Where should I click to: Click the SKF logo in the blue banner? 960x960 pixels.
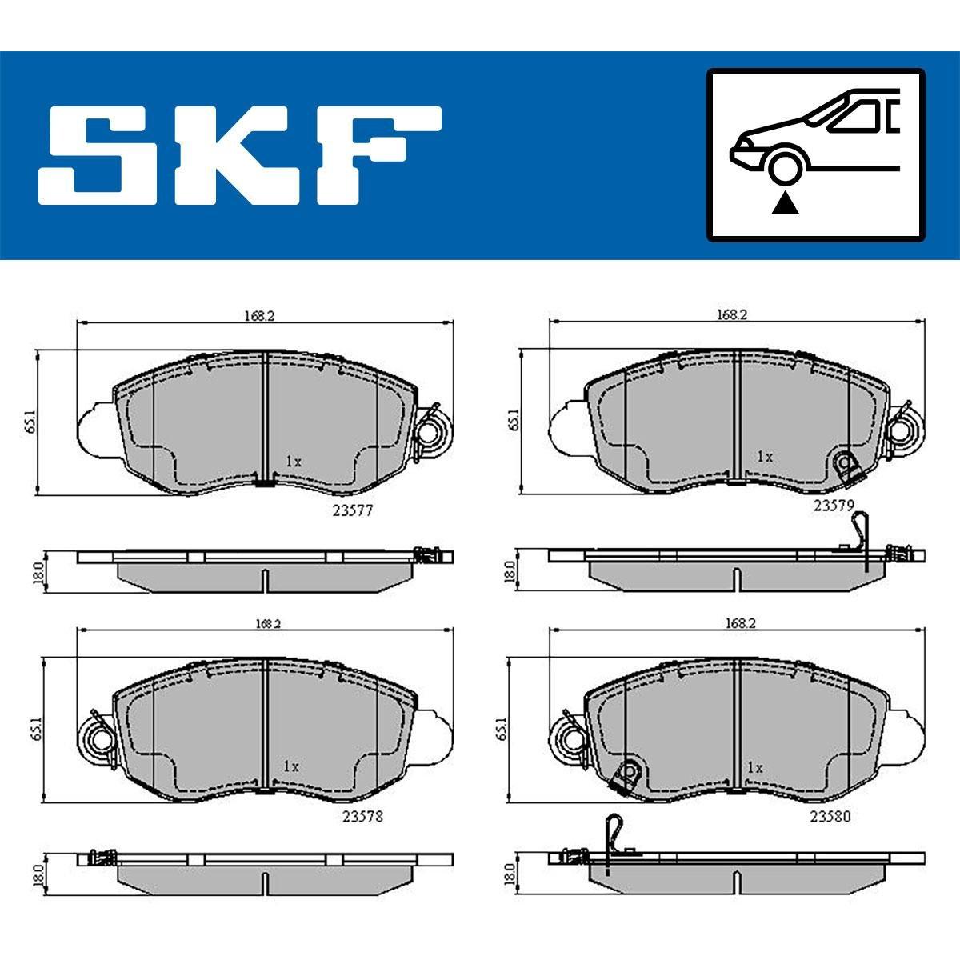(240, 155)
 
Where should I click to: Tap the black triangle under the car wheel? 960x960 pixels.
(785, 204)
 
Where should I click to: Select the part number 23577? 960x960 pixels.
(352, 510)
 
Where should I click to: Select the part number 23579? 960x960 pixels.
(834, 506)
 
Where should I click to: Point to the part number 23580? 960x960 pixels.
(830, 817)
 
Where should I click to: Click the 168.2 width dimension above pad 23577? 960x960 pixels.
(259, 315)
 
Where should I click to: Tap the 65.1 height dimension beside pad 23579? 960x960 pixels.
(514, 420)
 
